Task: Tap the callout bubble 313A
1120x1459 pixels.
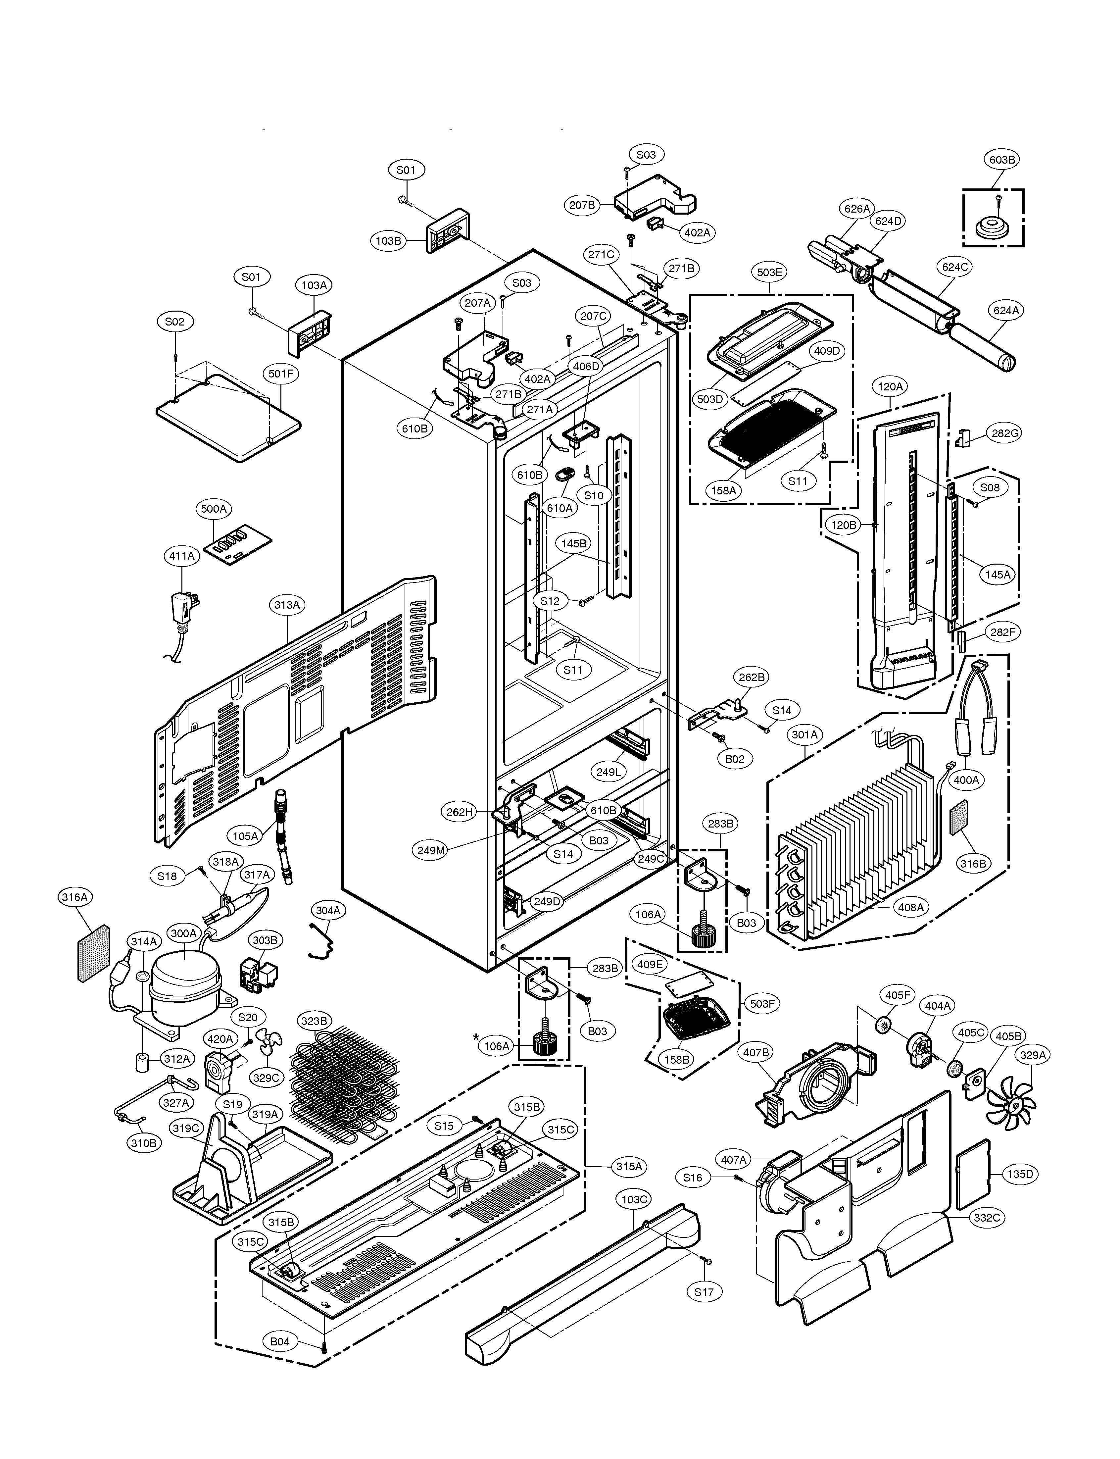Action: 287,605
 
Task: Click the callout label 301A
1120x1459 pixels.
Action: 805,735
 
